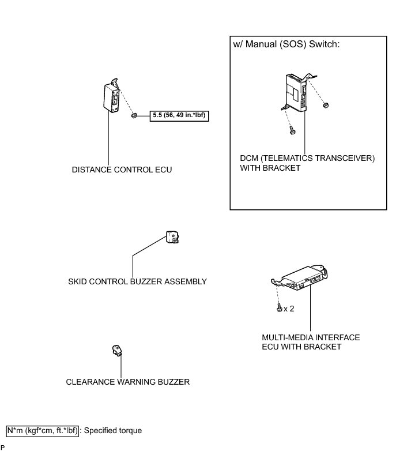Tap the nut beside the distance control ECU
point(133,115)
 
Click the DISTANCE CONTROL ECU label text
point(122,170)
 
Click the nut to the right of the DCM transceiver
point(326,106)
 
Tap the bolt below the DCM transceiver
point(292,129)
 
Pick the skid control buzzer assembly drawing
point(171,238)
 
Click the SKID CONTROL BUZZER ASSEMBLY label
point(137,281)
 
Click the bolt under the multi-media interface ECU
point(280,309)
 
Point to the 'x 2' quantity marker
point(289,309)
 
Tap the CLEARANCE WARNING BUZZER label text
point(127,382)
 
